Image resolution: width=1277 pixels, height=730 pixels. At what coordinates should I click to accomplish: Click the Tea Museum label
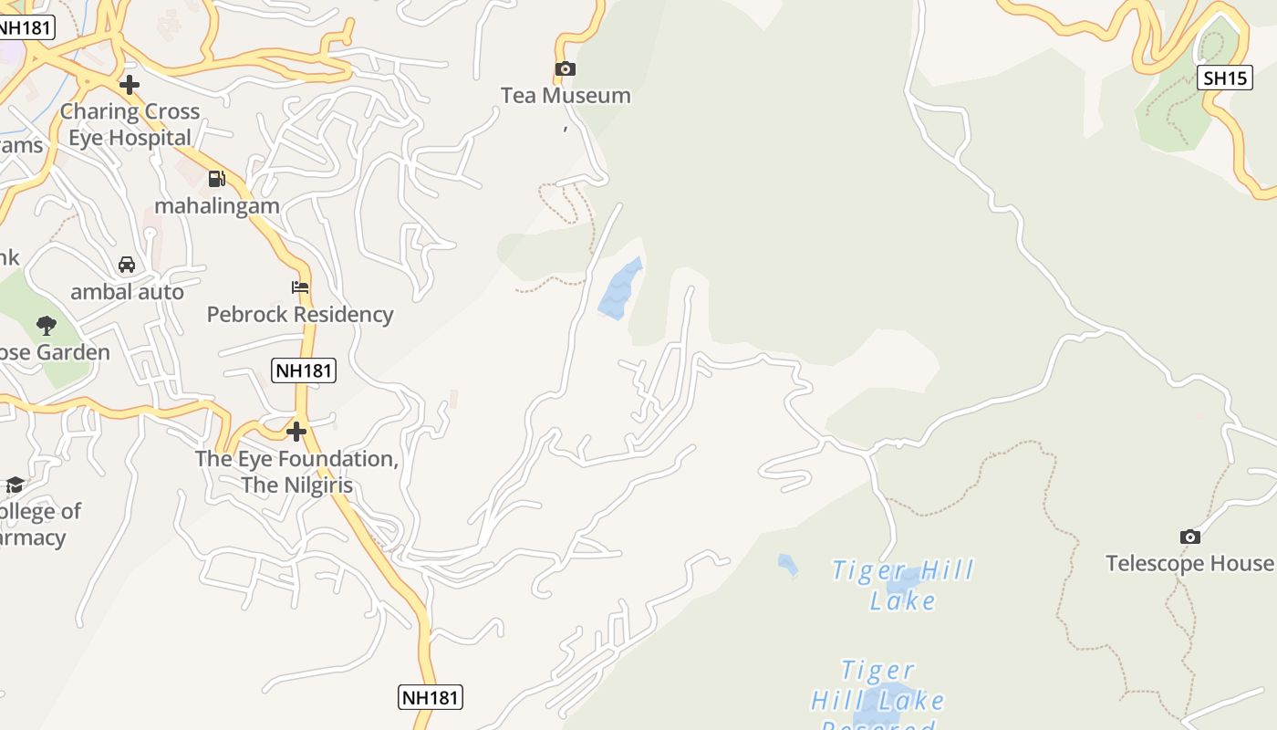566,95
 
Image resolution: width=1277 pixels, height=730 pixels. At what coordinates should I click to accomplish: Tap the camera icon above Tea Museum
566,68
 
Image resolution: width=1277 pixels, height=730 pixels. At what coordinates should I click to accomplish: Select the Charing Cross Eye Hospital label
130,124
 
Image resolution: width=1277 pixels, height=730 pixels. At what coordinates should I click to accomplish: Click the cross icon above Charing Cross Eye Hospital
130,85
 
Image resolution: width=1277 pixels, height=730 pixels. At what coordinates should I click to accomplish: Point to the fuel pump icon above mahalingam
216,179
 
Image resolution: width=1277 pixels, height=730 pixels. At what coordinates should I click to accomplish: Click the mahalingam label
217,205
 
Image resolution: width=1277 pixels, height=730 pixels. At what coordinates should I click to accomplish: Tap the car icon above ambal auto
127,265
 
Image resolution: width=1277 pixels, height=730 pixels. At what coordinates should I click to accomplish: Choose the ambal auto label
128,292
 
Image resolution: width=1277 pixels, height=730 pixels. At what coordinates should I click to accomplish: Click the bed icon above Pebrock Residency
300,287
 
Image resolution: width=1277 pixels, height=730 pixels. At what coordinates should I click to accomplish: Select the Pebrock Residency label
300,314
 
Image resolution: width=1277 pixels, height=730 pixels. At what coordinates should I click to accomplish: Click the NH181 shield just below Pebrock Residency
304,370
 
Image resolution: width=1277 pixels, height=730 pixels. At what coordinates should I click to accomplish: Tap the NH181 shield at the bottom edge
431,697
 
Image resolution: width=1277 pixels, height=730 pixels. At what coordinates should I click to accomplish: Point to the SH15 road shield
1224,78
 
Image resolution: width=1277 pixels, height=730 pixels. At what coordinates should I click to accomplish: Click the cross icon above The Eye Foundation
296,431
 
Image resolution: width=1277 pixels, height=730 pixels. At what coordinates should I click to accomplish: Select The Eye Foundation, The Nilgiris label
297,471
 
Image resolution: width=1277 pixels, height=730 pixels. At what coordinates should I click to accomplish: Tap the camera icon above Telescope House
1190,537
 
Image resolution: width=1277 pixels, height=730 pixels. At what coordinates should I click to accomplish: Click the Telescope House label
1189,563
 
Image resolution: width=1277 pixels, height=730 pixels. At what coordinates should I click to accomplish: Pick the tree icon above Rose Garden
46,325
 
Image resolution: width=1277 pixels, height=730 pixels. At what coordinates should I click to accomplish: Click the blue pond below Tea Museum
619,289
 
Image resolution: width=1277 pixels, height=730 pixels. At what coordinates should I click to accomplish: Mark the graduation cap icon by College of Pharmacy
15,484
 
